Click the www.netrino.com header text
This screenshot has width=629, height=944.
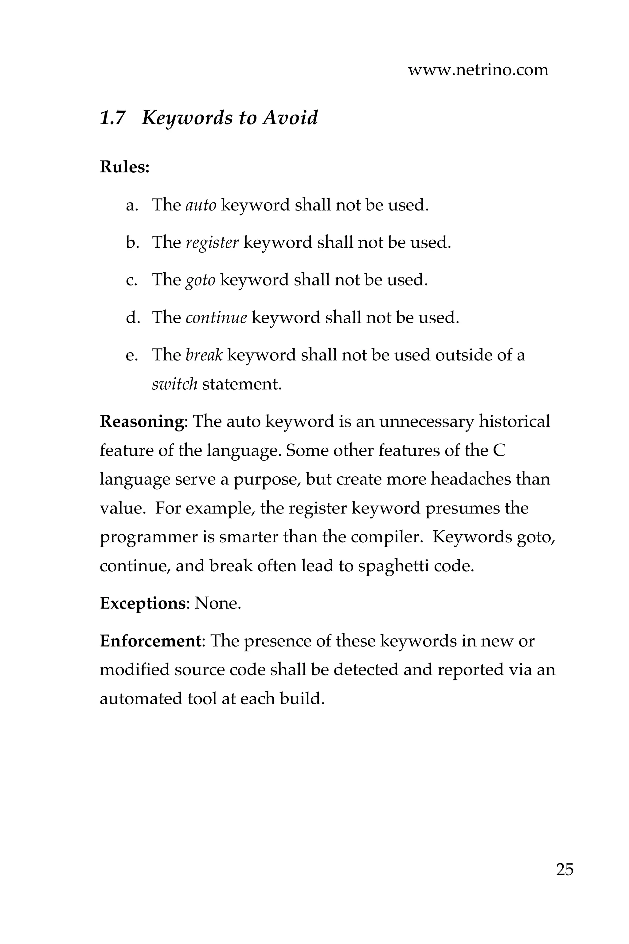pos(478,70)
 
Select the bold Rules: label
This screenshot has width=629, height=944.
pos(124,167)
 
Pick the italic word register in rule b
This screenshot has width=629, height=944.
pos(212,242)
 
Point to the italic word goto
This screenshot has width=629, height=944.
pos(200,280)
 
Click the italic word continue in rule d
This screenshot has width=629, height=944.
pos(216,317)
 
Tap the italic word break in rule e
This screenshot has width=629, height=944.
pos(204,355)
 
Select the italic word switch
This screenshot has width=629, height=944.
pos(174,384)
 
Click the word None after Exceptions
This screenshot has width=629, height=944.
pos(217,603)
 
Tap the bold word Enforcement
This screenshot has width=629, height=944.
pos(150,641)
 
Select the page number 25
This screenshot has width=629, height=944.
pos(565,870)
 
